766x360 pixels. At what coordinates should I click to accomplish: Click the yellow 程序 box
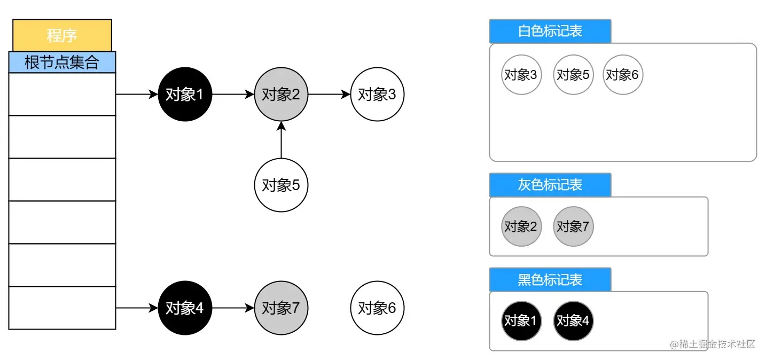(62, 35)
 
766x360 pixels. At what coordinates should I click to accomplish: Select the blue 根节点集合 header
(62, 62)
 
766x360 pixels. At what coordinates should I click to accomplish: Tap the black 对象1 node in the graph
(185, 95)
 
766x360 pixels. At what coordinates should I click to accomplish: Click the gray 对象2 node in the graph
(281, 95)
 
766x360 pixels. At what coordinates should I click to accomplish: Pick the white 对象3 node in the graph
(377, 95)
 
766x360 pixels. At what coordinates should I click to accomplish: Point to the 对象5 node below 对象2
(281, 185)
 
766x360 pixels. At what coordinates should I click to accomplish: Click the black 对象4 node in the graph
(185, 308)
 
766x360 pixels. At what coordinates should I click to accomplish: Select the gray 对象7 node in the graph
(281, 308)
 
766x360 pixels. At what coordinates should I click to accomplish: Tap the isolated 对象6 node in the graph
(377, 308)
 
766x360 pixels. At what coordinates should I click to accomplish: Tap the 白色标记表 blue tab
(550, 31)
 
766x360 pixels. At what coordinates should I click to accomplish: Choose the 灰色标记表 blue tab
(550, 185)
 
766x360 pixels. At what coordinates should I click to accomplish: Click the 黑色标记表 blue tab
(550, 280)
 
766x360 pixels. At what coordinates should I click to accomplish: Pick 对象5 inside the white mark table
(573, 75)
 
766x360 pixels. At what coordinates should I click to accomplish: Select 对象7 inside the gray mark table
(573, 226)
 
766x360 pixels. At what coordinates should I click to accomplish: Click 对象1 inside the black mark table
(521, 320)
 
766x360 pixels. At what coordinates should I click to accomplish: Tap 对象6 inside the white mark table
(623, 75)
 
